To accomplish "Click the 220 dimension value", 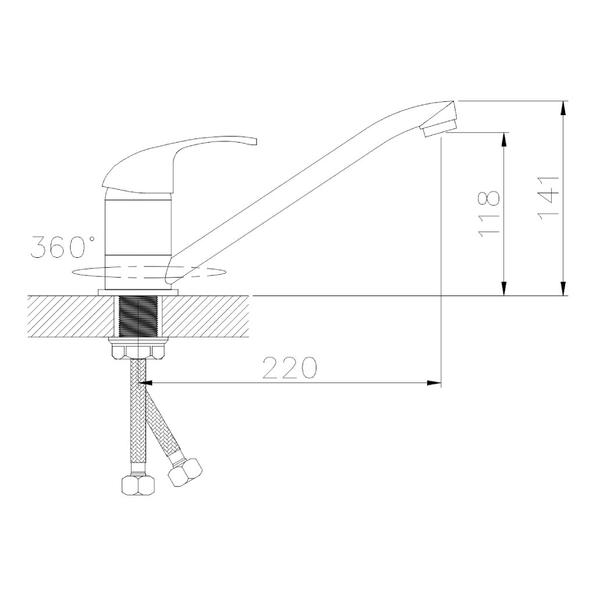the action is tap(290, 367).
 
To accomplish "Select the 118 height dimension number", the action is tap(488, 214).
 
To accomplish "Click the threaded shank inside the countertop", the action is tap(139, 316).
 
